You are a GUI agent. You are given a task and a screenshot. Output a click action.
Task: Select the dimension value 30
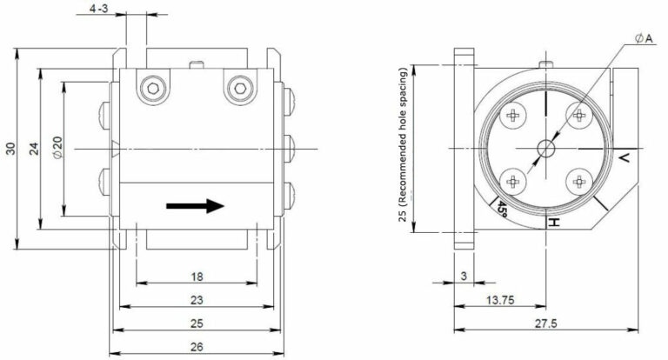10,150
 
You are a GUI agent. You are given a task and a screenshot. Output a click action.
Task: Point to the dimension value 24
33,149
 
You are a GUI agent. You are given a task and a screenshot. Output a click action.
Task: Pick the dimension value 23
197,300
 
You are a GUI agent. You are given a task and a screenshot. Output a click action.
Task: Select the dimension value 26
197,347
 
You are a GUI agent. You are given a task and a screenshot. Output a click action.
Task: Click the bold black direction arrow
196,206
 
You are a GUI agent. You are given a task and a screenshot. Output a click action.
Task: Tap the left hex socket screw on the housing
154,87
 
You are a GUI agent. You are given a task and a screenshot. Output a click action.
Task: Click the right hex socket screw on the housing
237,87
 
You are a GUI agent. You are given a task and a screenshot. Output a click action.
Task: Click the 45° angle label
503,209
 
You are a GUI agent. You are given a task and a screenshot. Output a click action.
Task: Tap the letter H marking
551,223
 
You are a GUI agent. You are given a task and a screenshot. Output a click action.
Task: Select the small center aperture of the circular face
546,148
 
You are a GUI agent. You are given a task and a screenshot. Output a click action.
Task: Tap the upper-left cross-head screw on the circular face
514,115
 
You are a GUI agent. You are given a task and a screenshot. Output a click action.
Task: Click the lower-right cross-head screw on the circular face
578,181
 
